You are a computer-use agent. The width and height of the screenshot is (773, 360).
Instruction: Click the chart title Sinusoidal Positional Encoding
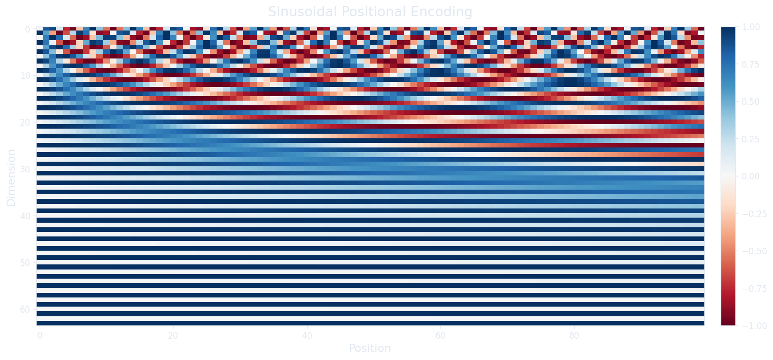(x=370, y=12)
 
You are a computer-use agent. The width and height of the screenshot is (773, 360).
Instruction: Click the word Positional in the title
(x=384, y=12)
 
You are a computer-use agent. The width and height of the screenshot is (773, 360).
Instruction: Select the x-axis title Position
(x=370, y=349)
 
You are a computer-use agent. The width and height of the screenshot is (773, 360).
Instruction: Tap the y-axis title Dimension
(x=11, y=177)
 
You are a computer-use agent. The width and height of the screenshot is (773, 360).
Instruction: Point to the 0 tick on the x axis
(x=39, y=336)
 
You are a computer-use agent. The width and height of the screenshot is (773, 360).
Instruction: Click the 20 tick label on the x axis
(x=173, y=336)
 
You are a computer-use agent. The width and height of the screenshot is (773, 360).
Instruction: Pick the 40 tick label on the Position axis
(x=307, y=336)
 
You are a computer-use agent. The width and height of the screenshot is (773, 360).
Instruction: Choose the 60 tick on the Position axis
(x=440, y=336)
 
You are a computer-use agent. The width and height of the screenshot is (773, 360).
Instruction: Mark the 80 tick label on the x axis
(x=574, y=336)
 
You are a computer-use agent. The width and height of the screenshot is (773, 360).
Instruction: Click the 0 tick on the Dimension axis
(x=27, y=29)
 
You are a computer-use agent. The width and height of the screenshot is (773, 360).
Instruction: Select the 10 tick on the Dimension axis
(x=25, y=76)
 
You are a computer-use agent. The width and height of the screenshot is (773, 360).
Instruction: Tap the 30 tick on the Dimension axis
(x=25, y=169)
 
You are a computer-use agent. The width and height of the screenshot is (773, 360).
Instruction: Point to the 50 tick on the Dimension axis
(x=25, y=263)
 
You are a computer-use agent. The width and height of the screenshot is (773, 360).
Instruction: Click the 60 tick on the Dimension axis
(x=25, y=310)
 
